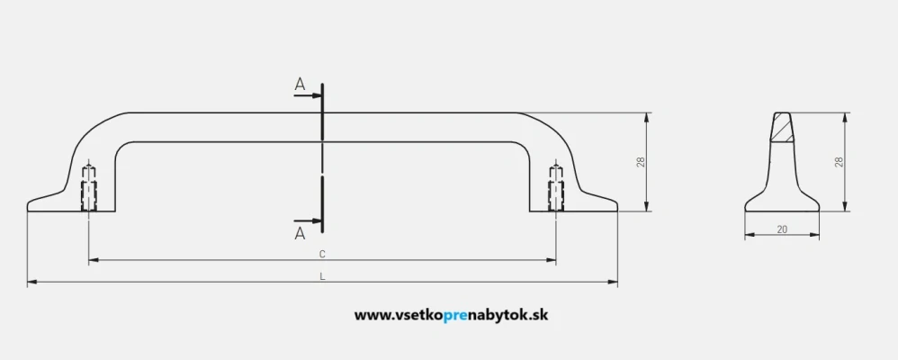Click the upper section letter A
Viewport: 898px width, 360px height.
coord(301,85)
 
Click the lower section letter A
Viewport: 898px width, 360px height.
coord(301,233)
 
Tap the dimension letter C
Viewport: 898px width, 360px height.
coord(322,253)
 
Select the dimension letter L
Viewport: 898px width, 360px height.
coord(322,275)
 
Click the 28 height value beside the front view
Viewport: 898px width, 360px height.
coord(642,162)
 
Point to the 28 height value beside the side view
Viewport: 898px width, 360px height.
coord(840,162)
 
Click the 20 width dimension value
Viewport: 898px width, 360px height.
coord(782,229)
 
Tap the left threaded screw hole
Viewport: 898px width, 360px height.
coord(89,188)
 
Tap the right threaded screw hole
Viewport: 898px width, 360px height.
coord(555,188)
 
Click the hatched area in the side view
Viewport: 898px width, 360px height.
coord(782,128)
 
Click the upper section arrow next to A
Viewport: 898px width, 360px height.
coord(308,95)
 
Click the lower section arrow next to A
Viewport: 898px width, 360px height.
coord(308,220)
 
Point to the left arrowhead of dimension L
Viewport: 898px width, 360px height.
coord(32,282)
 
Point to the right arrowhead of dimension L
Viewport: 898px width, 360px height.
coord(613,282)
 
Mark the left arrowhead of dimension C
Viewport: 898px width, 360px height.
coord(94,260)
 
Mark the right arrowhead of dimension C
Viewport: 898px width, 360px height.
coord(551,260)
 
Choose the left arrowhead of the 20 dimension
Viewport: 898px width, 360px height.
coord(750,235)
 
